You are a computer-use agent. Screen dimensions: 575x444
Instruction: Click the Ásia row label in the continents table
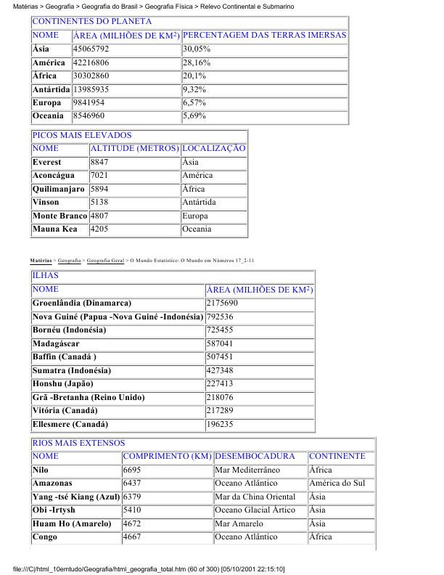click(x=41, y=49)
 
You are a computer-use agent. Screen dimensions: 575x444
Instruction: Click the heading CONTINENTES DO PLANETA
click(x=91, y=22)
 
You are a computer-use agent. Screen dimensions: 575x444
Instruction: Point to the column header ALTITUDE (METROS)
click(x=135, y=149)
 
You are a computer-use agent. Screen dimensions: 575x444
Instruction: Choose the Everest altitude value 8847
click(x=100, y=162)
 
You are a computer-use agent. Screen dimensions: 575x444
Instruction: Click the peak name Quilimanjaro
click(x=59, y=189)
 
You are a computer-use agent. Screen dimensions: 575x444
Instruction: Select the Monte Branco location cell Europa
click(x=195, y=216)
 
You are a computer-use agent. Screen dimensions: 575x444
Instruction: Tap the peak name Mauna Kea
click(x=54, y=229)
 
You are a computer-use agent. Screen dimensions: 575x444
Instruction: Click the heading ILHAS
click(x=45, y=276)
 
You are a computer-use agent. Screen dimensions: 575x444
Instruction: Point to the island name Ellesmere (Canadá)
click(x=70, y=424)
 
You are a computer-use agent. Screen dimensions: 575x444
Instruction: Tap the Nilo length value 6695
click(x=132, y=470)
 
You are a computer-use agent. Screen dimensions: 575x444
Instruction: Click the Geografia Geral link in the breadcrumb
click(x=106, y=259)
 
